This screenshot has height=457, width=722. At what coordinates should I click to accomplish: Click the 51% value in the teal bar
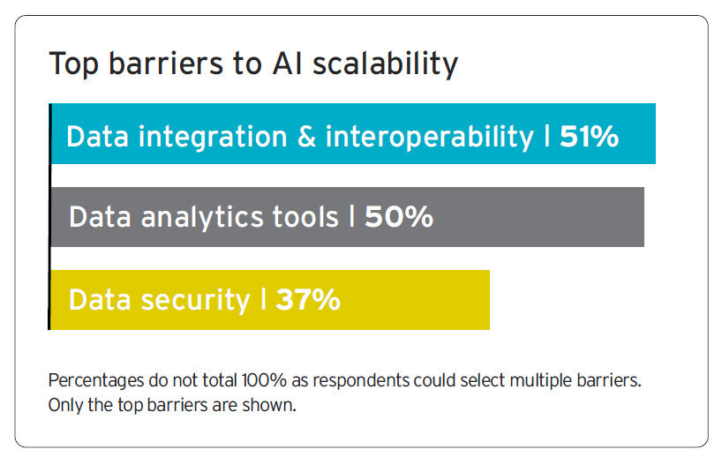[589, 137]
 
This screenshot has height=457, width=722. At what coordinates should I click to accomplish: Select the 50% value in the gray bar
[398, 217]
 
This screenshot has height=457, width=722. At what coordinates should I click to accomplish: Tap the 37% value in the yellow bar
[308, 300]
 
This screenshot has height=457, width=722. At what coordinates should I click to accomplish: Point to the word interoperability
[430, 137]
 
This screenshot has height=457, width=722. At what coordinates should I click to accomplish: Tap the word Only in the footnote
[64, 405]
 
